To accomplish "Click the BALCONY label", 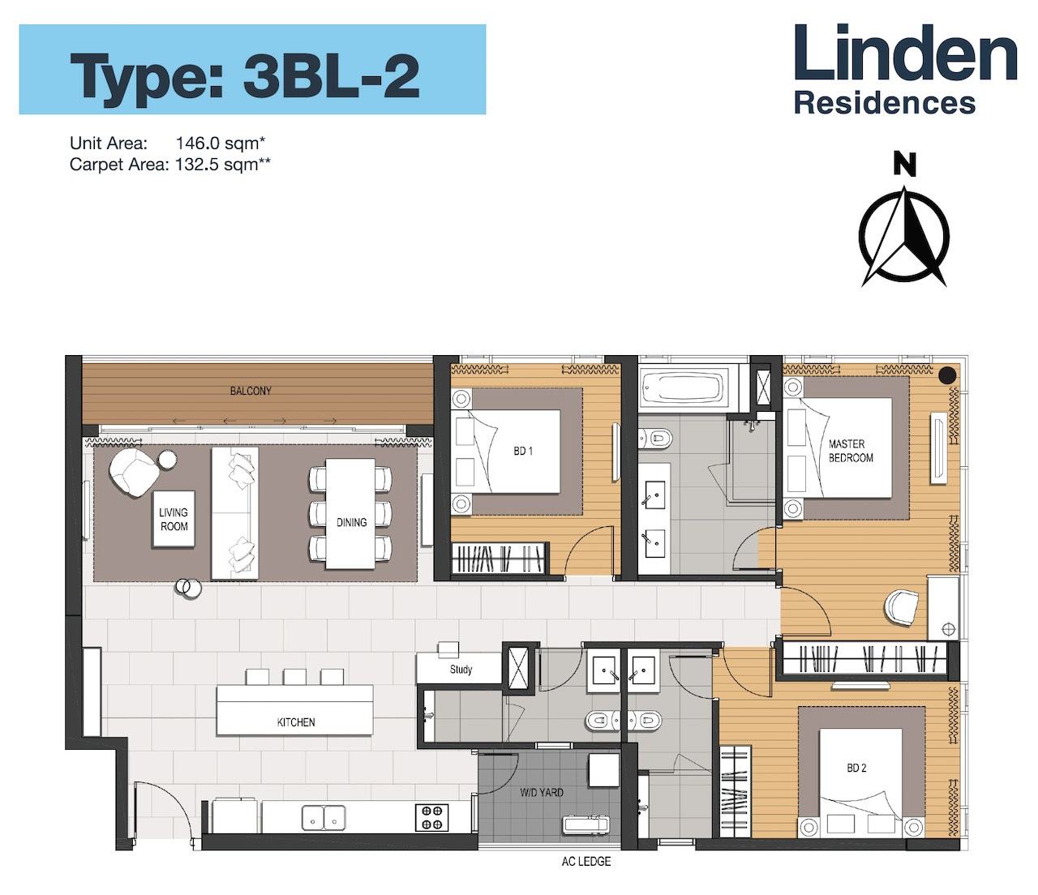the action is tap(251, 391).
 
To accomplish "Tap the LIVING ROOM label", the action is tap(174, 519).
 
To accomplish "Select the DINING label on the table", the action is tap(351, 523).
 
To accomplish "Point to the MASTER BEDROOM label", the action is tap(851, 451).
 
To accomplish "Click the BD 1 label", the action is tap(523, 452).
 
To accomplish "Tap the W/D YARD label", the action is tap(542, 792).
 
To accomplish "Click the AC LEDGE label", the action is tap(586, 862).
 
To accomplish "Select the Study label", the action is tap(461, 670).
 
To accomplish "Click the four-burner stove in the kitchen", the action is tap(432, 817).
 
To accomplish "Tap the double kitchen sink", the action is tap(324, 817).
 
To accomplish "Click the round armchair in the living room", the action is tap(133, 472).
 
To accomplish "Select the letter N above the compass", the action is tap(904, 165).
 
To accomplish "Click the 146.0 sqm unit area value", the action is tap(221, 143).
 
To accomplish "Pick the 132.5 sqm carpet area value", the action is tap(222, 165).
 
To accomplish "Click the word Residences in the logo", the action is tap(885, 104).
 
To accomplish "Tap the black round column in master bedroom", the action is tap(947, 374).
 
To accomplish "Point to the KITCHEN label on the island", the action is tap(296, 722).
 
